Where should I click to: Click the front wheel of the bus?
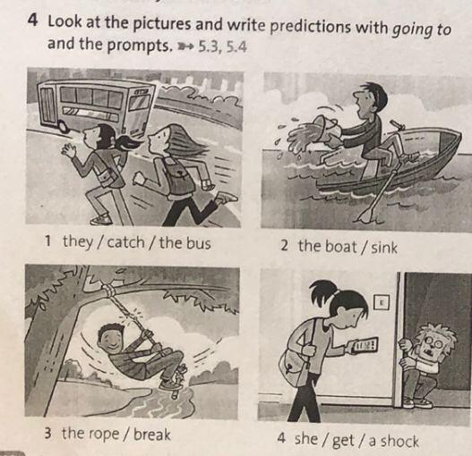pos(64,127)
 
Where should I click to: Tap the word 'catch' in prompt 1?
pos(125,242)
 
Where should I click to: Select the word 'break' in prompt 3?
pos(152,434)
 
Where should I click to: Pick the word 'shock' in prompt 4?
pos(399,442)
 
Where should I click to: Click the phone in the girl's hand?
pos(364,345)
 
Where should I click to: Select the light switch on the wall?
pos(382,302)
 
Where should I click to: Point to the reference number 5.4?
pos(236,47)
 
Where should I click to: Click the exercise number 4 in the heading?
pos(34,21)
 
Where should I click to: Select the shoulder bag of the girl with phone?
pos(294,368)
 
